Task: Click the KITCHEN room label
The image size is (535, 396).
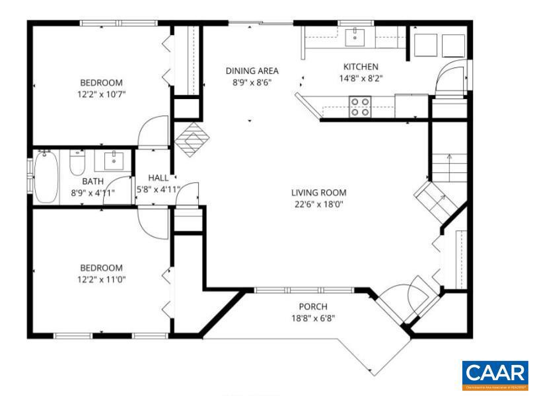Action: click(361, 67)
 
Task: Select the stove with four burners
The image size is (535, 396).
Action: click(359, 106)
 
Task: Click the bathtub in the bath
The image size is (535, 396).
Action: click(46, 176)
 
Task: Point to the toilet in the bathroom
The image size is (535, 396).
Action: click(77, 163)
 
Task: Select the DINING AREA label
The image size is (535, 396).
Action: click(252, 71)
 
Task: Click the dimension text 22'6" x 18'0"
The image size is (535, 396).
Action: click(319, 204)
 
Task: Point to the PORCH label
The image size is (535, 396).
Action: click(313, 306)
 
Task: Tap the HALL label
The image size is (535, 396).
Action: click(158, 178)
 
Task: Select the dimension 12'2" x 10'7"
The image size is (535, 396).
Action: click(101, 94)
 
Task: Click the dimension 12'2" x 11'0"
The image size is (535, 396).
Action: click(101, 279)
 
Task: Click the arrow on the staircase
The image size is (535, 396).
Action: click(448, 158)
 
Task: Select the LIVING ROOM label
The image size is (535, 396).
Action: click(319, 193)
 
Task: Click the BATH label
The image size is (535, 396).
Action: click(92, 181)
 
